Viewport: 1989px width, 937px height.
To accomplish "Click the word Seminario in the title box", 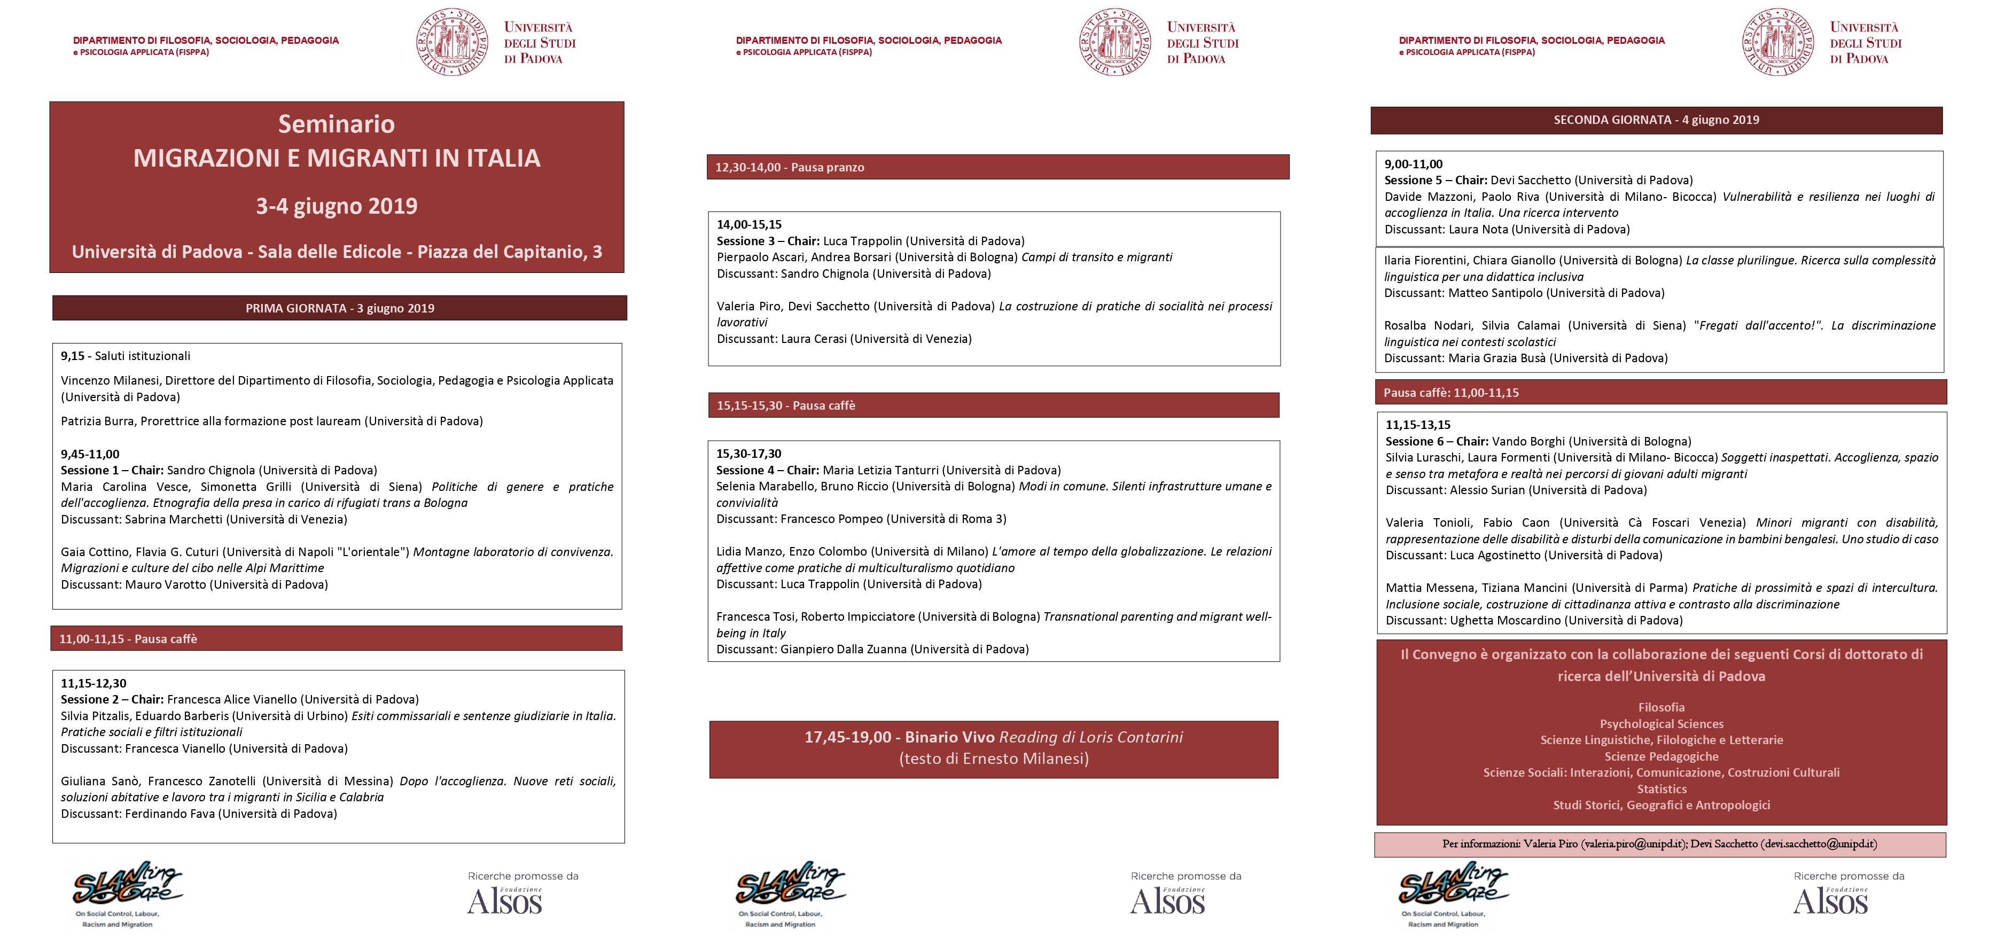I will pos(337,124).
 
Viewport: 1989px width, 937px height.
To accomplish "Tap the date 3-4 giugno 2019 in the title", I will pos(337,206).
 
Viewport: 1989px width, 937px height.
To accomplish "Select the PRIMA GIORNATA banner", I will pos(340,308).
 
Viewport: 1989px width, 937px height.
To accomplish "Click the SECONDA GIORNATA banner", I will pos(1656,120).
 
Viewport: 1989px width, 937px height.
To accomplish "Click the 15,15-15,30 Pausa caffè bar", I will pos(994,405).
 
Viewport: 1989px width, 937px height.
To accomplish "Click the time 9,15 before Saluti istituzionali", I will pos(73,356).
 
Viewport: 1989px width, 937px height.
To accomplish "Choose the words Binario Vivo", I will pos(950,737).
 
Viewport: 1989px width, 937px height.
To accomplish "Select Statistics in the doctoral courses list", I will pos(1662,789).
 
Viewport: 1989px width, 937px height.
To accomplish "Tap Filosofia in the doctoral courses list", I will pos(1662,707).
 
